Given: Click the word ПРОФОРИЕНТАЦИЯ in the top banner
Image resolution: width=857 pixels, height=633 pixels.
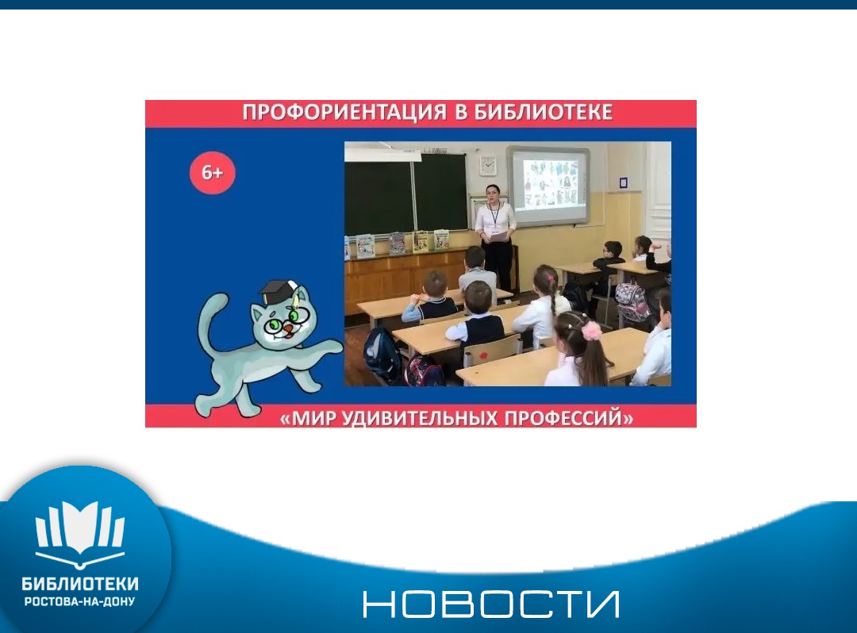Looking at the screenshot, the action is coord(344,113).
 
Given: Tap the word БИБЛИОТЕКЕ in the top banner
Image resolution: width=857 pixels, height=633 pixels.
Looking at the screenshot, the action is coord(543,112).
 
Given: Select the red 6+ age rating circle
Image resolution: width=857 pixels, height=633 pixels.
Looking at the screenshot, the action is coord(212,173).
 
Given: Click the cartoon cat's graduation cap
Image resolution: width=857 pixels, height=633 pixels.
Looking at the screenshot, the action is coord(277,292).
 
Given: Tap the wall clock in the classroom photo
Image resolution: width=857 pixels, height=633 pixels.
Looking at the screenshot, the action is coord(487,165).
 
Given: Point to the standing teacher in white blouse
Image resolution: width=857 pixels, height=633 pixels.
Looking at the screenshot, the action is coord(496,237).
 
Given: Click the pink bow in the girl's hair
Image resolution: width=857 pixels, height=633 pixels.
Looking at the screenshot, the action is coord(591,331).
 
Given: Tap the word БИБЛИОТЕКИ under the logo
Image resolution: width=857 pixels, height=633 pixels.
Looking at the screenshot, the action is coord(80,584).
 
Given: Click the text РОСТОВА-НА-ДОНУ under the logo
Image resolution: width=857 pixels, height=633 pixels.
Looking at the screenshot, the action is coord(80,601).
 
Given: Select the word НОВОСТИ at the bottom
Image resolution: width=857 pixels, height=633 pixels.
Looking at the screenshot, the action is coord(491,604).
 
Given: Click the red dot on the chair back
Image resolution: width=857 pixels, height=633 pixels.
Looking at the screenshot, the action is coord(483,355).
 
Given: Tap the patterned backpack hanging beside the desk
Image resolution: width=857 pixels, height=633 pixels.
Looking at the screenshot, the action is coord(633,302).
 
